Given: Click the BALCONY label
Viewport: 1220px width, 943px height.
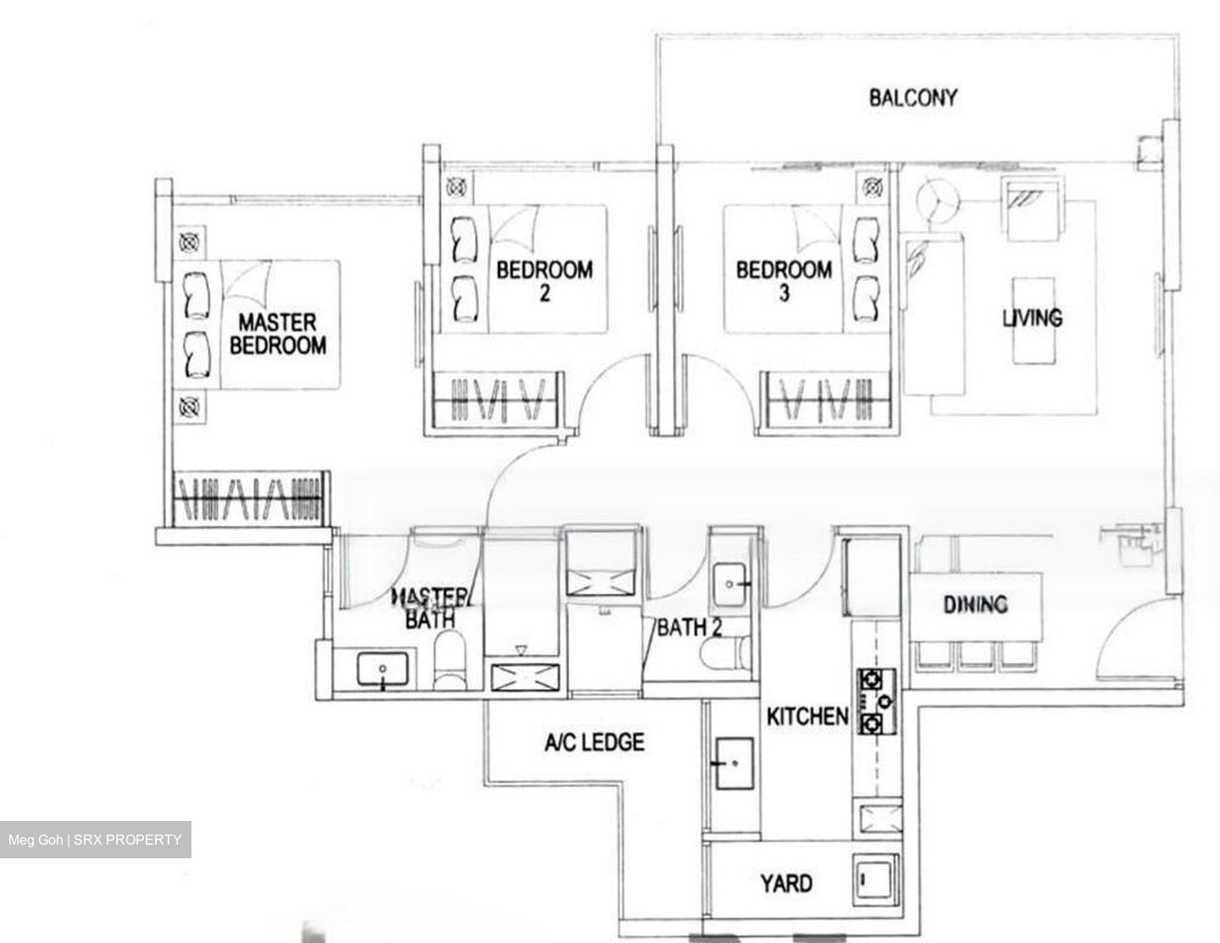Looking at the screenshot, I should [912, 97].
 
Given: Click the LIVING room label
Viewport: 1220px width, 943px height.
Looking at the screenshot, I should [1032, 318].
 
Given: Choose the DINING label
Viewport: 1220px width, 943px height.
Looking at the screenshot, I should [976, 604].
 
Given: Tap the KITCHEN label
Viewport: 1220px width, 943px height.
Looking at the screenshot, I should [807, 716].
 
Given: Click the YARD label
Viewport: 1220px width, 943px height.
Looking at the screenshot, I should [786, 884].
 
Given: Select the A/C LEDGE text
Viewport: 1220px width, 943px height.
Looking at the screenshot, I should [594, 743].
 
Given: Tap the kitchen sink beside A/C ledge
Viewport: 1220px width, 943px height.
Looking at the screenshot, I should [734, 763].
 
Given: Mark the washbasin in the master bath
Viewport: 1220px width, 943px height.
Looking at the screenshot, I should [384, 670].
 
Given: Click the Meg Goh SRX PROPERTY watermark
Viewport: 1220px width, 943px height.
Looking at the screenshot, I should [95, 840].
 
